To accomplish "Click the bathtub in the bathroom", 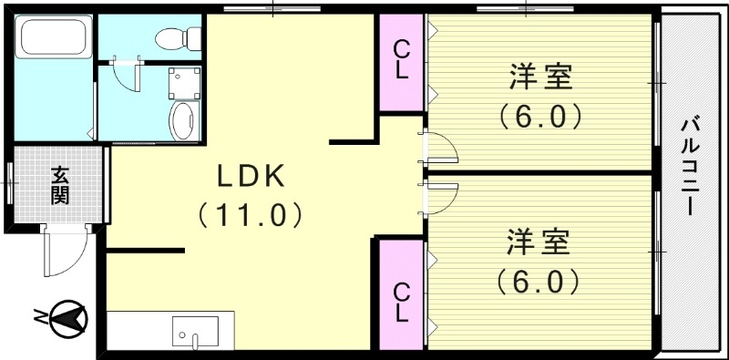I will (x=52, y=38).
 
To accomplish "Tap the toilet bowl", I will (x=172, y=37).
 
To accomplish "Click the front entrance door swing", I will (x=64, y=252).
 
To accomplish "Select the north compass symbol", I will (x=64, y=317).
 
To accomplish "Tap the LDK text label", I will (x=251, y=173).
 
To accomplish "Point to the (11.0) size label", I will (x=250, y=215).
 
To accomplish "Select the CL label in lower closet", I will (x=401, y=299).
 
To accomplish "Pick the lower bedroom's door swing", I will (x=441, y=193).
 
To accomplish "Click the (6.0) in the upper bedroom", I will (x=540, y=118).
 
